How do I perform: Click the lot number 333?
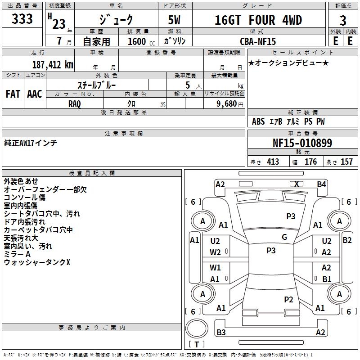click(x=22, y=19)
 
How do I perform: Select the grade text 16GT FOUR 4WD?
click(x=258, y=20)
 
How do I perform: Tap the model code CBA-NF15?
click(x=258, y=41)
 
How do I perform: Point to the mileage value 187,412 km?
click(x=52, y=64)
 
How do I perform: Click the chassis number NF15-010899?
click(x=302, y=143)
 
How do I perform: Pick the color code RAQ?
click(x=75, y=103)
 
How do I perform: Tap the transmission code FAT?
click(x=13, y=94)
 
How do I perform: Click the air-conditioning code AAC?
click(x=34, y=94)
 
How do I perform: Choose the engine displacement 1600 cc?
click(x=137, y=41)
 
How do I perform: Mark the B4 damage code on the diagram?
click(x=321, y=184)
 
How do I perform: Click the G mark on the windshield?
click(x=284, y=237)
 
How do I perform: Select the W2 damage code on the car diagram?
click(x=215, y=252)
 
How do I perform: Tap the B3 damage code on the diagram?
click(x=221, y=333)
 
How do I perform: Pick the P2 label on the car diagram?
click(x=289, y=299)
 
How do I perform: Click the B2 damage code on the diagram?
click(x=347, y=240)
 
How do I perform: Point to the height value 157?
click(x=346, y=162)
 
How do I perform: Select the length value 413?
click(x=273, y=162)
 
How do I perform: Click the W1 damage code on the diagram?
click(x=215, y=268)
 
